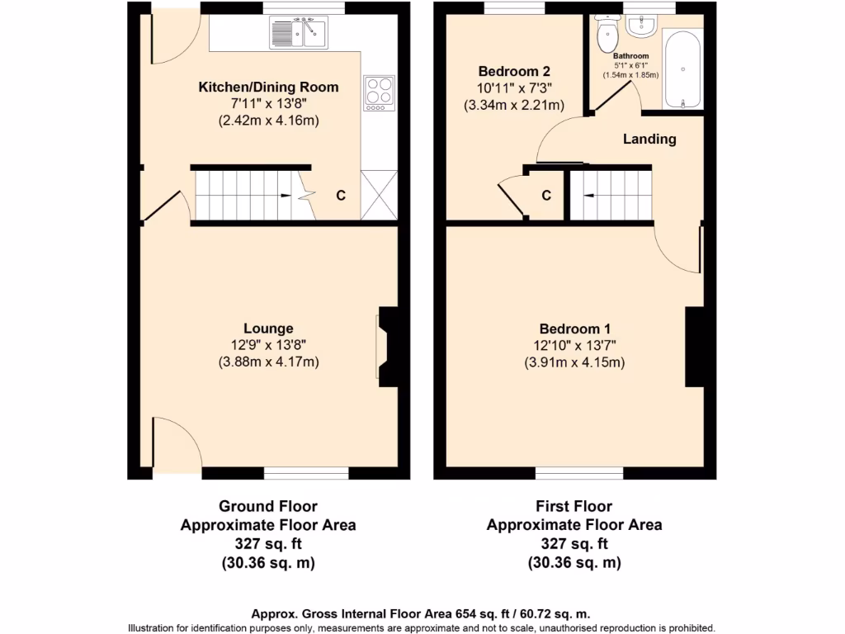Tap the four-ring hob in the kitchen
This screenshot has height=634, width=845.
click(379, 92)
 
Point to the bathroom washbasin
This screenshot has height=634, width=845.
click(640, 26)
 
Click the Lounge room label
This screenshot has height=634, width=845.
click(268, 329)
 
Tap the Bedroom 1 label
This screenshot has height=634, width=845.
click(574, 328)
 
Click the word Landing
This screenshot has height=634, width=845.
click(649, 140)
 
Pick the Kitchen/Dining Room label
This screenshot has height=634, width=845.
click(268, 88)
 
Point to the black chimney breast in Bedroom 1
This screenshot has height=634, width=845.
click(694, 346)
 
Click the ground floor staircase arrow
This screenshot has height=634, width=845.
click(285, 196)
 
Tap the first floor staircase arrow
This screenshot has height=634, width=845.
click(589, 196)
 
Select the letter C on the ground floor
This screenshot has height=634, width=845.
click(340, 196)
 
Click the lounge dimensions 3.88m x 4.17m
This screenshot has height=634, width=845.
click(268, 362)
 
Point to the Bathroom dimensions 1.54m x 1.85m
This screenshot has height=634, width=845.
click(630, 75)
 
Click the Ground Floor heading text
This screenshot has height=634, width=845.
click(267, 506)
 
